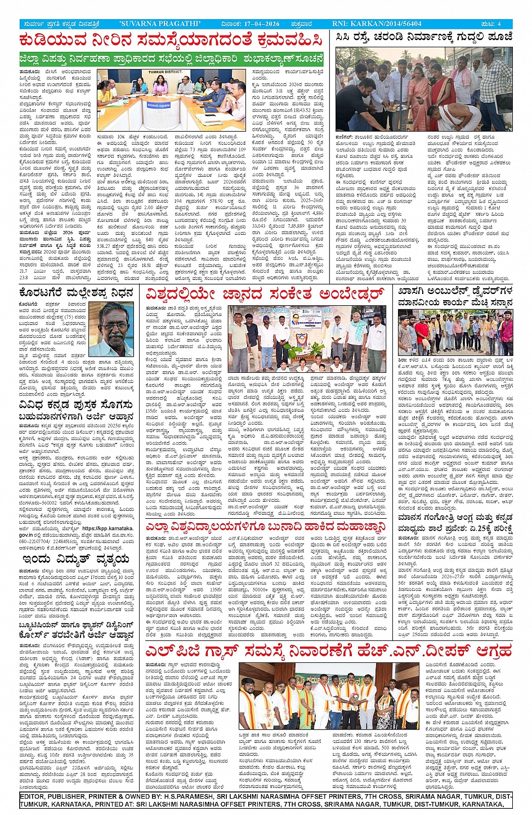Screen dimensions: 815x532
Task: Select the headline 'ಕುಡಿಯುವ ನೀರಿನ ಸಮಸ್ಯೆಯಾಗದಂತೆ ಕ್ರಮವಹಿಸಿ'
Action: pyautogui.click(x=171, y=41)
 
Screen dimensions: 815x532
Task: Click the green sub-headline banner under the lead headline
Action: pyautogui.click(x=171, y=59)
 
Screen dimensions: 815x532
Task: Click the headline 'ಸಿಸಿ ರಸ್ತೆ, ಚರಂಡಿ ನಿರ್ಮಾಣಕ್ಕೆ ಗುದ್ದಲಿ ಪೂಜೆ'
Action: pyautogui.click(x=423, y=37)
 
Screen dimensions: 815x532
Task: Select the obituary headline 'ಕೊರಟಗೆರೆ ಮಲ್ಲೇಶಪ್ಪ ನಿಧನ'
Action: pyautogui.click(x=77, y=293)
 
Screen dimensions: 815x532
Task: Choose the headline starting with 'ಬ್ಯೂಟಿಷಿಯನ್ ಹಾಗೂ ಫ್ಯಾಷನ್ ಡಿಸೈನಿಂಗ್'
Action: pyautogui.click(x=77, y=630)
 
